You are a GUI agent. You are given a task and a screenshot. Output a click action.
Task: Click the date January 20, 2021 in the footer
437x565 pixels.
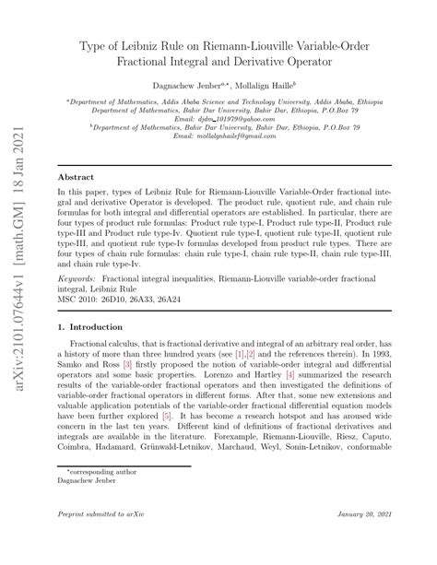(366, 538)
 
